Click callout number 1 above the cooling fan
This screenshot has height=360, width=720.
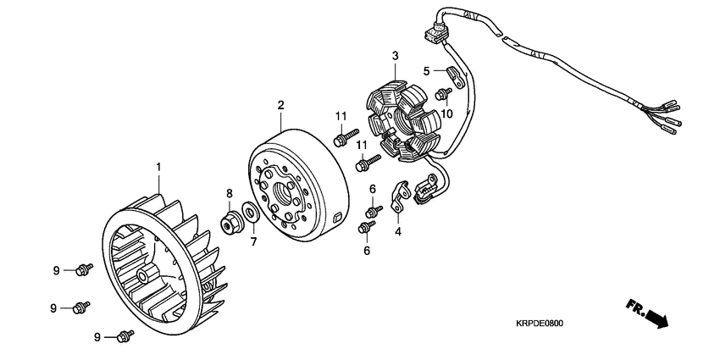click(x=158, y=168)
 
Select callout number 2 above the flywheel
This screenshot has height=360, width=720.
click(x=280, y=105)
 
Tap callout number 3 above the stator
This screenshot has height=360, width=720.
click(x=394, y=56)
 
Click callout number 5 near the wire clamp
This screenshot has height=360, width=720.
click(x=428, y=70)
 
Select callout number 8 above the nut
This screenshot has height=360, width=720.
click(x=230, y=193)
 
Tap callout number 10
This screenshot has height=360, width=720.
click(x=446, y=114)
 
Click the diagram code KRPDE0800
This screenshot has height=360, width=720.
click(x=540, y=323)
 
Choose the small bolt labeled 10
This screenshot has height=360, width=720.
click(x=442, y=95)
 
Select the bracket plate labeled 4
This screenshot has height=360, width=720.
click(x=398, y=197)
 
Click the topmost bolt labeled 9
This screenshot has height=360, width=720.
click(x=83, y=270)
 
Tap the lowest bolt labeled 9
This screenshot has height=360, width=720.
click(x=125, y=336)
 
